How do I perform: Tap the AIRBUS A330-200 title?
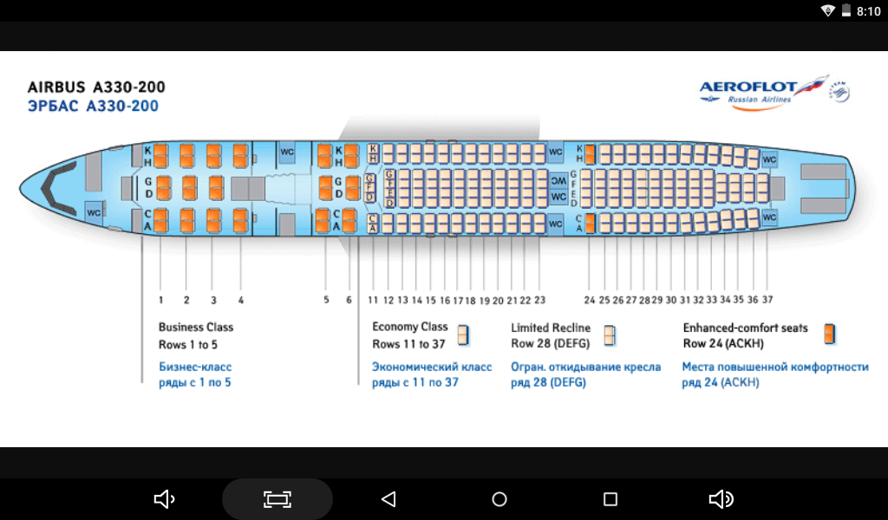click(x=96, y=87)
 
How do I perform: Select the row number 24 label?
click(x=590, y=300)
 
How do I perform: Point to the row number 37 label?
click(x=767, y=300)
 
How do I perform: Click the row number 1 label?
click(x=160, y=300)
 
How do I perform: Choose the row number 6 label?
click(x=349, y=300)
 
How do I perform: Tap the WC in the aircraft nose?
click(x=94, y=212)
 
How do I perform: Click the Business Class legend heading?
click(x=196, y=327)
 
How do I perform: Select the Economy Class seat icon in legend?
click(x=464, y=335)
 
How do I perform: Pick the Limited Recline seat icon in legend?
click(x=610, y=335)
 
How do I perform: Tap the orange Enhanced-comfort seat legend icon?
click(x=830, y=334)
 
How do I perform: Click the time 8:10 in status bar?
click(x=868, y=11)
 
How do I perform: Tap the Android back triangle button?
click(x=388, y=499)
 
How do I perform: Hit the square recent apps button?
click(x=610, y=499)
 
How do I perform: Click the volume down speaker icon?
click(x=164, y=499)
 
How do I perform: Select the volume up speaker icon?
click(x=721, y=499)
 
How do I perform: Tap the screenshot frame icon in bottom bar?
click(x=277, y=499)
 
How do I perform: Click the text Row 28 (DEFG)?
click(x=550, y=343)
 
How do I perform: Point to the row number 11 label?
click(x=373, y=300)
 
